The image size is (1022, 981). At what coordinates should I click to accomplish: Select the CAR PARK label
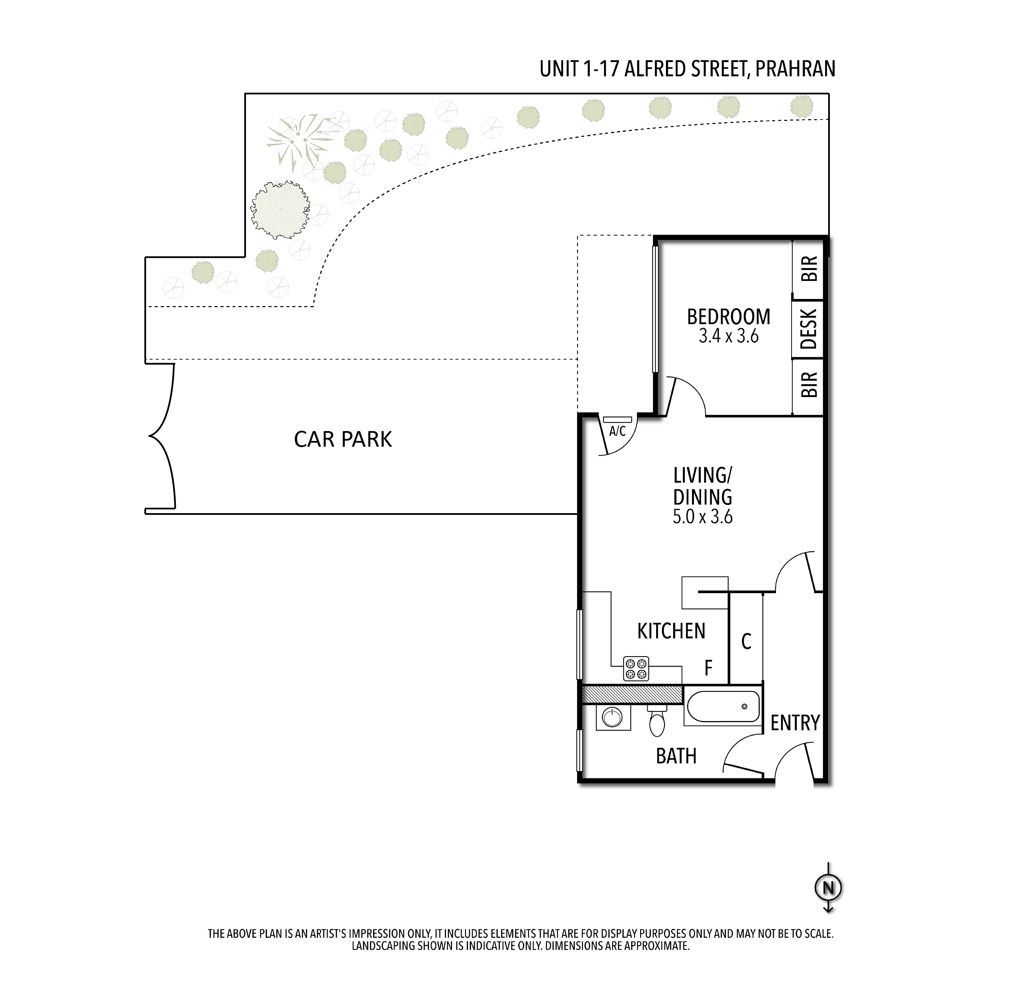343,439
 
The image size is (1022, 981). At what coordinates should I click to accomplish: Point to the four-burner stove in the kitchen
636,669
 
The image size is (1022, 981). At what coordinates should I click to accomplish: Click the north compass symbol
829,887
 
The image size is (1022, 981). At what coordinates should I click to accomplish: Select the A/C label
617,431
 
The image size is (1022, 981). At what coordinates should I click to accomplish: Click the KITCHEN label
671,631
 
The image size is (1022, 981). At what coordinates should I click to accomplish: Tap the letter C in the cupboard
746,642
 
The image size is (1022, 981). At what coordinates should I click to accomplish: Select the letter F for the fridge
709,668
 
